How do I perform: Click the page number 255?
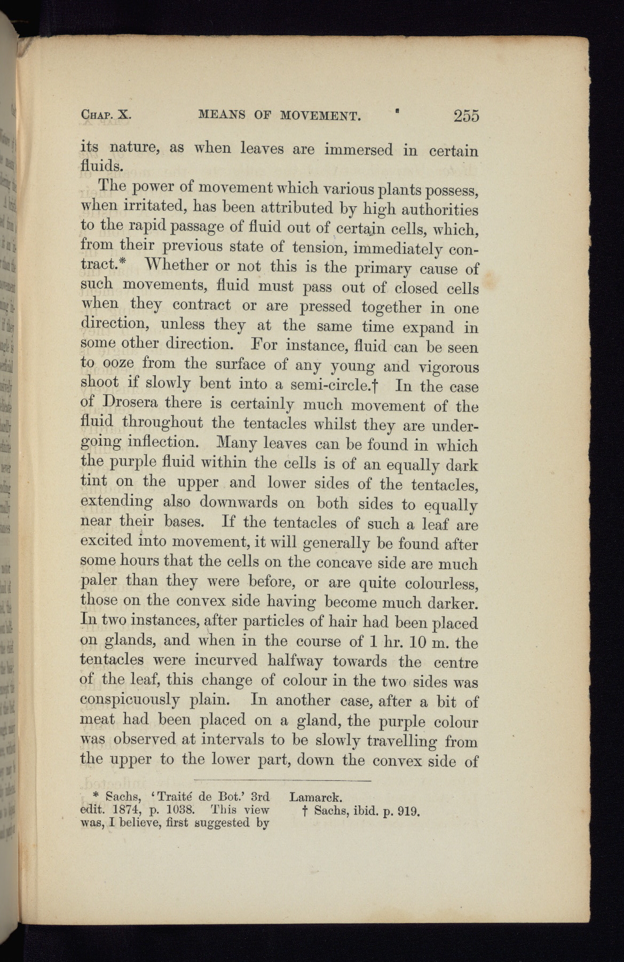pos(466,115)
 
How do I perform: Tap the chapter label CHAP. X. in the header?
pos(106,115)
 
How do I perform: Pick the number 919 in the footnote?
pos(408,811)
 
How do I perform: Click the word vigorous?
pos(447,367)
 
